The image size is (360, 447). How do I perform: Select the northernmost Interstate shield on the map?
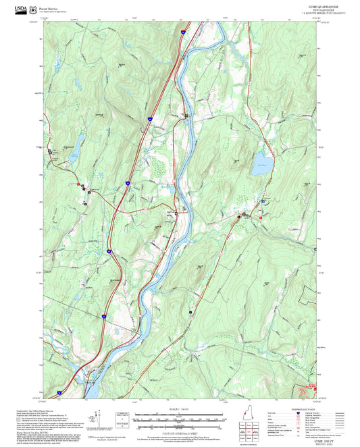pyautogui.click(x=184, y=30)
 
